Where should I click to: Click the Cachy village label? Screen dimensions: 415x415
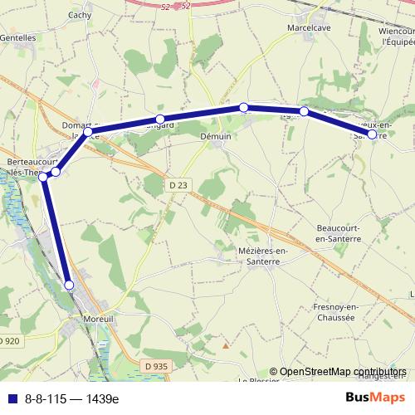click(x=81, y=15)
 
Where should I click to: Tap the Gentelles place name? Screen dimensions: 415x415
click(x=18, y=37)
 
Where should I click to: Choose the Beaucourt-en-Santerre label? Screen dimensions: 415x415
click(x=339, y=232)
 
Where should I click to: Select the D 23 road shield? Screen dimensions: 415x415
click(x=176, y=183)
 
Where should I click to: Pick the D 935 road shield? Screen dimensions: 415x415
click(x=155, y=365)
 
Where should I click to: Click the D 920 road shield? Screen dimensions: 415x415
click(x=8, y=341)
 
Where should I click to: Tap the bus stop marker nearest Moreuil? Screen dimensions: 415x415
click(x=69, y=285)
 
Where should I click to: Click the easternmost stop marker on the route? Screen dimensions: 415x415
click(x=373, y=134)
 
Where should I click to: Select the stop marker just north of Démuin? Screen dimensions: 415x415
click(x=243, y=107)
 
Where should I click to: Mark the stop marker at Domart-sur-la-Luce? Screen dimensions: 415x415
click(x=87, y=131)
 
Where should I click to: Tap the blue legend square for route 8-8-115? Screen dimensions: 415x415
click(x=12, y=398)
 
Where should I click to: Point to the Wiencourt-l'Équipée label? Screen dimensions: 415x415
click(x=396, y=37)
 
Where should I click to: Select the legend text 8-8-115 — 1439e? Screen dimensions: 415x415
click(x=71, y=398)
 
